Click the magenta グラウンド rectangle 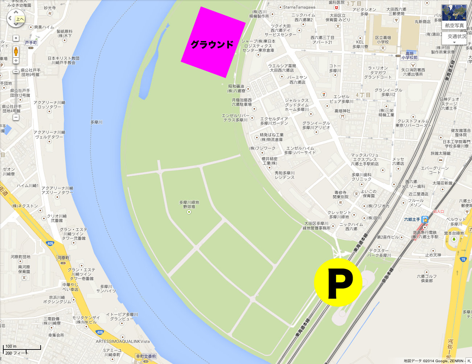coord(213,42)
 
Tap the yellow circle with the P coord(338,282)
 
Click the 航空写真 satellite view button coord(454,17)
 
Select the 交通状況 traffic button coord(456,37)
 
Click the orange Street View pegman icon coord(16,51)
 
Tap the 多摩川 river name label coord(97,122)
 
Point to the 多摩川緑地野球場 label coord(189,204)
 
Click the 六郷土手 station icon coord(425,220)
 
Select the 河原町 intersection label coord(63,258)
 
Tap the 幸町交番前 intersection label coord(146,356)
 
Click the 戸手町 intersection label coord(31,43)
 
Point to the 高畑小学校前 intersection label coord(410,56)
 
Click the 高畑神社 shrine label coord(342,111)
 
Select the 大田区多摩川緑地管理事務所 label coord(317,226)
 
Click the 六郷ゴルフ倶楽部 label coord(427,278)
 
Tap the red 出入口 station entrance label coord(439,211)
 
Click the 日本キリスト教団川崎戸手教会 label coord(63,60)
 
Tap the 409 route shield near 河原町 coord(50,244)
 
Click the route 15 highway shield coord(463,259)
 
